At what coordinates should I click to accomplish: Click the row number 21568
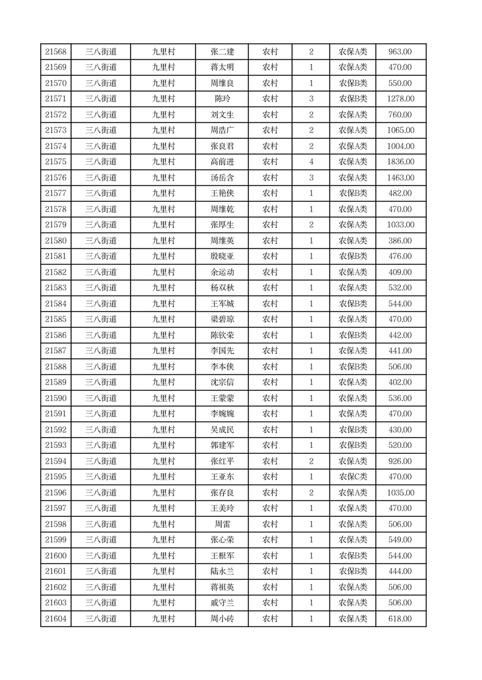coord(56,52)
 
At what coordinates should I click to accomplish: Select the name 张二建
coord(222,52)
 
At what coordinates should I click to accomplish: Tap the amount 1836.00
coord(401,162)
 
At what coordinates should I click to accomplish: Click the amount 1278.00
coord(401,99)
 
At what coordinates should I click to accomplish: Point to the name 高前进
coord(222,162)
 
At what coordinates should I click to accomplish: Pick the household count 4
coord(311,162)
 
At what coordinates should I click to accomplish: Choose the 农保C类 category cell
coord(353,477)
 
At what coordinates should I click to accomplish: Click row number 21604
coord(56,619)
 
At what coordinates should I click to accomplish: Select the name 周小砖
coord(222,619)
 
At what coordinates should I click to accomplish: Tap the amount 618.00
coord(401,619)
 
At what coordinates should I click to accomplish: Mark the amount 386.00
coord(401,241)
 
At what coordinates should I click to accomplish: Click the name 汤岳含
coord(222,178)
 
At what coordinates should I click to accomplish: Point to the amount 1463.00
coord(401,178)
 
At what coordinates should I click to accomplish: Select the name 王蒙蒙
coord(222,398)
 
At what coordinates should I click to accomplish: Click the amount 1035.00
coord(401,493)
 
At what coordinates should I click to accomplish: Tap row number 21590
coord(56,398)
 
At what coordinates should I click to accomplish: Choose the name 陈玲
coord(222,99)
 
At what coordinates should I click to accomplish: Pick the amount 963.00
coord(401,52)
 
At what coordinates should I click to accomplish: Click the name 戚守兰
coord(222,603)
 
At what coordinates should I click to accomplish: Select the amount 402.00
coord(401,382)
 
